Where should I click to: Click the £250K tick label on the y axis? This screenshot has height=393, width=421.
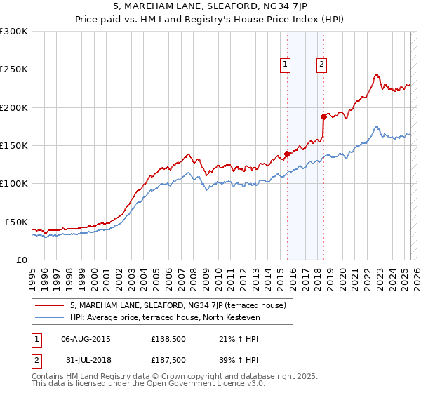point(13,69)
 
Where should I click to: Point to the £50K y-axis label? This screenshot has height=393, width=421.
point(15,222)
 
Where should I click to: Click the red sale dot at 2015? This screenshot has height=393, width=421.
point(287,154)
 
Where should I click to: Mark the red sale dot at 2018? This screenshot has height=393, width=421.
point(323,117)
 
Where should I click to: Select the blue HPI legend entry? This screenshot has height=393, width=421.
point(165,318)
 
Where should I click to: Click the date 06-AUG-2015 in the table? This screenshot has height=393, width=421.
point(86,339)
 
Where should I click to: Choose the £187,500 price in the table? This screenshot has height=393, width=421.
point(168,360)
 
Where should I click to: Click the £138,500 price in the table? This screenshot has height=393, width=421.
point(168,339)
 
